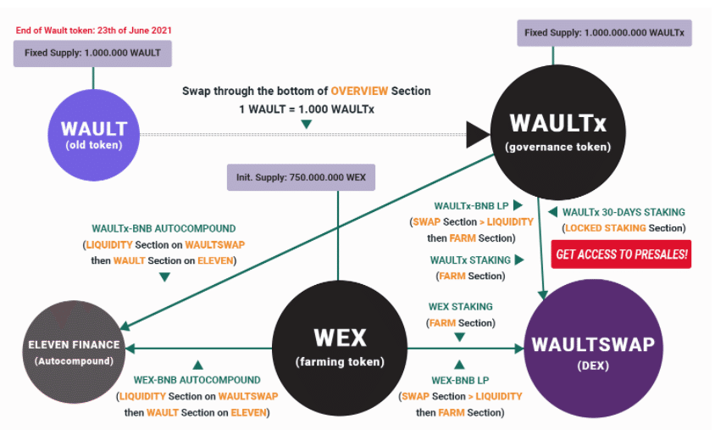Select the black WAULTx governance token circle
click(x=557, y=133)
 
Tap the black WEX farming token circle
click(x=340, y=347)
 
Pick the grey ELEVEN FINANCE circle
click(x=74, y=351)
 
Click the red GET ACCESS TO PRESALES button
click(x=621, y=254)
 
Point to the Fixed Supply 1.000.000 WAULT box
click(x=92, y=53)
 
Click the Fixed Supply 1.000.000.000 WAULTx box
click(x=606, y=33)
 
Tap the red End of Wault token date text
click(x=93, y=30)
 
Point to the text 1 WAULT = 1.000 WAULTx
click(x=306, y=109)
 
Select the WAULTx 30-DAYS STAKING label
click(x=624, y=212)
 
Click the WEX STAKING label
click(x=460, y=306)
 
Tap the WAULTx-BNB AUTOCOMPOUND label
click(x=164, y=228)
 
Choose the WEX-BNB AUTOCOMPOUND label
click(x=197, y=381)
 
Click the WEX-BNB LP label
click(x=460, y=381)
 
